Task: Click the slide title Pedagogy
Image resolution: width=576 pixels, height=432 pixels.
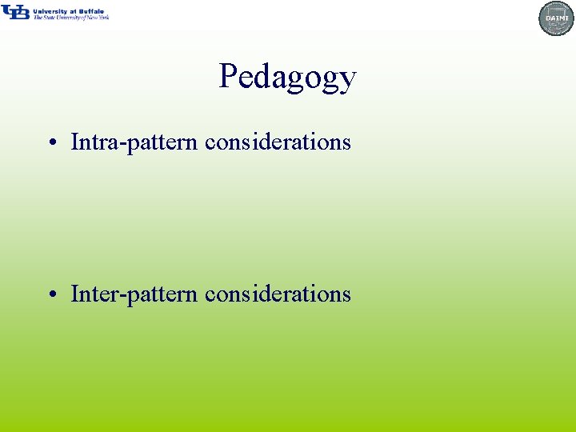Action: coord(287,78)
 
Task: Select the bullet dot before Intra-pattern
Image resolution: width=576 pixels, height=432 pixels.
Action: coord(51,143)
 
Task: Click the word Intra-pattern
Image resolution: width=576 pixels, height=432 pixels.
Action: coord(134,142)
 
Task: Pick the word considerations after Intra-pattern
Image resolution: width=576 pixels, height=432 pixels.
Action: coord(278,142)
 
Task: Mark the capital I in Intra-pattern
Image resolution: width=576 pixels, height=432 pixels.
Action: coord(75,142)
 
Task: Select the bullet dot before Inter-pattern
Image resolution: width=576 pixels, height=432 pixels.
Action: coord(51,295)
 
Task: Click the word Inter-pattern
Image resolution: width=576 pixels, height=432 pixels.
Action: coord(134,294)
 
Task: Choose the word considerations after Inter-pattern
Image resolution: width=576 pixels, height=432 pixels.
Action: coord(278,294)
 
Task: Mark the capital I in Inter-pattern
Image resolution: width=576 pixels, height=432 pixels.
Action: coord(75,294)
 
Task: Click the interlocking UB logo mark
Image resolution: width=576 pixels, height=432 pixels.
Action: coord(15,12)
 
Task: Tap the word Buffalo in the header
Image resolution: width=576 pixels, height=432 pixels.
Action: coord(93,11)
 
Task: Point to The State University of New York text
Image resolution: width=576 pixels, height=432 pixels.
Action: coord(70,18)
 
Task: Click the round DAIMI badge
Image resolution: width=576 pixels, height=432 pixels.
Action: coord(557,18)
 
